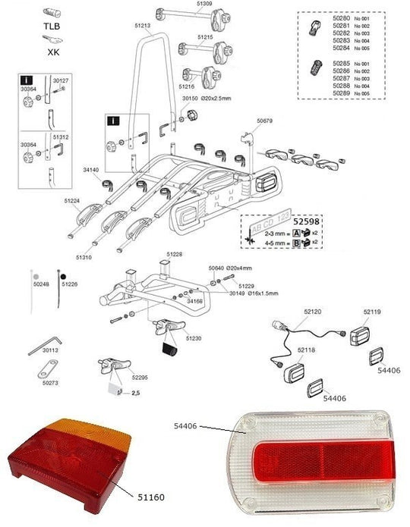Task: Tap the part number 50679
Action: point(265,120)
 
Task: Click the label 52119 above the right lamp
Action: point(372,311)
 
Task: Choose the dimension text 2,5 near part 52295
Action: point(137,394)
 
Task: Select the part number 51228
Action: point(175,254)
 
